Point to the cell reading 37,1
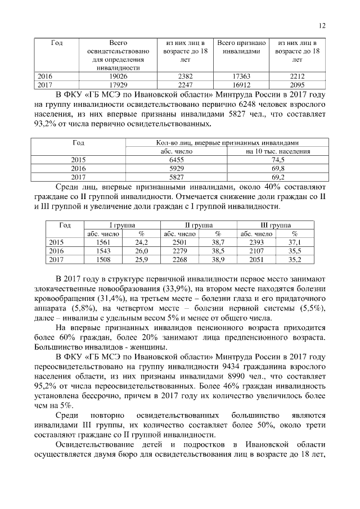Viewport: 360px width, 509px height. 295,242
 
